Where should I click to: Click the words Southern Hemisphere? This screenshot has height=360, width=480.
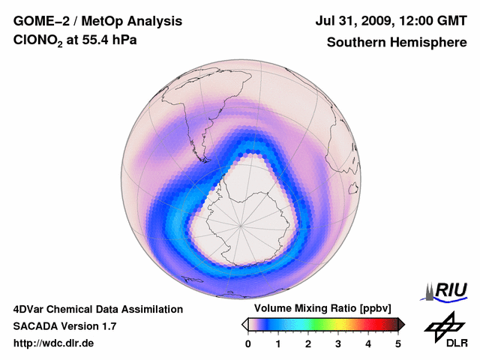point(395,43)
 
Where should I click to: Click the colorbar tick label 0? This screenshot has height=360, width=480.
point(248,343)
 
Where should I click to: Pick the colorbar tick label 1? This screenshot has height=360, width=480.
point(278,343)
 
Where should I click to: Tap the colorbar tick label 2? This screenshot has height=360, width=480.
point(308,343)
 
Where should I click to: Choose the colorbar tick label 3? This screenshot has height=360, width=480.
point(338,343)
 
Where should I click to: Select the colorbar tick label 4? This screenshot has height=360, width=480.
point(368,343)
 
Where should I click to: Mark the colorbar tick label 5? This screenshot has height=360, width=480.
point(398,343)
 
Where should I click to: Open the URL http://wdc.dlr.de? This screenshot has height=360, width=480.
point(53,343)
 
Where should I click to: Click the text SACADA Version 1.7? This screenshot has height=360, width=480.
point(64,326)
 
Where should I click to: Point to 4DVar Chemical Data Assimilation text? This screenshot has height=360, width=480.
point(97,309)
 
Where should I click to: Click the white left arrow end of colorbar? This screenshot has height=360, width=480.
point(245,324)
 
